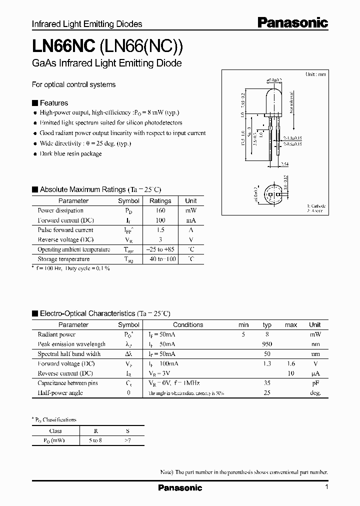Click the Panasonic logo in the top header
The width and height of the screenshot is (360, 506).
[x=292, y=22]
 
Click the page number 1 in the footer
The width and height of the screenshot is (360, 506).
[x=326, y=487]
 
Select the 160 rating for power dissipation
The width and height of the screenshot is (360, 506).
[x=160, y=210]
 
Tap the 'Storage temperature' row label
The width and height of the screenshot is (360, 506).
[x=63, y=259]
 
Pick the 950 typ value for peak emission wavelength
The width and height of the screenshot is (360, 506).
[x=267, y=344]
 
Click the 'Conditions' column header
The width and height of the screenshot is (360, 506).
[x=188, y=324]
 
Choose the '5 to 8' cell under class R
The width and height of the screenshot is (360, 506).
[x=93, y=441]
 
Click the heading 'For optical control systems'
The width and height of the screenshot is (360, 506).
[x=73, y=84]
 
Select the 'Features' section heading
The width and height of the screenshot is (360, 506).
[x=53, y=103]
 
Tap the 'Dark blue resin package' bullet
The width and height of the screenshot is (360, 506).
[x=70, y=153]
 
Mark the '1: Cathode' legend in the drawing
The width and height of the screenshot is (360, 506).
[x=316, y=206]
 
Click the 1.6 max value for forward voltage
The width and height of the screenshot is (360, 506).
[x=290, y=363]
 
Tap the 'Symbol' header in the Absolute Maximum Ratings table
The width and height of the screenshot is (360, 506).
[x=128, y=200]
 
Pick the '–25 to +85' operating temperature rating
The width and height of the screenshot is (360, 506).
[x=160, y=249]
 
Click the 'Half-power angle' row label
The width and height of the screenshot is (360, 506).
[x=60, y=392]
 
